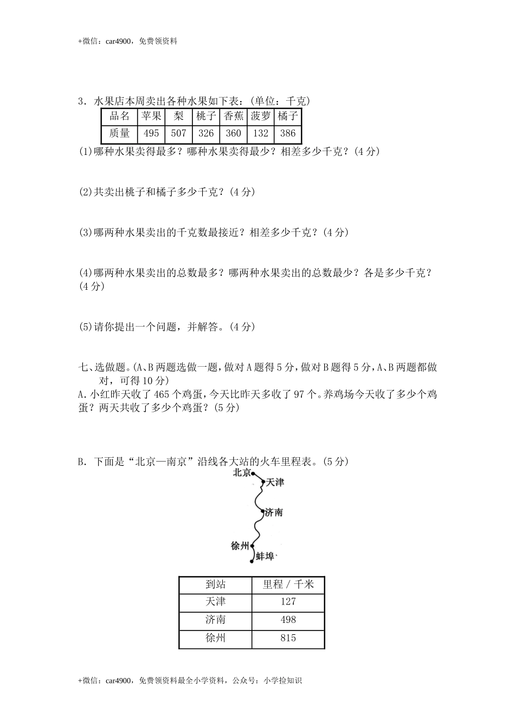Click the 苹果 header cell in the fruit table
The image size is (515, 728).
pos(151,116)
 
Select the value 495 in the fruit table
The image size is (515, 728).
pos(151,133)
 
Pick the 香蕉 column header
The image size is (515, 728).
pos(233,116)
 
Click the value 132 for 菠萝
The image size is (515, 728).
pos(260,133)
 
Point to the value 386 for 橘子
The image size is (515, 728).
pos(288,133)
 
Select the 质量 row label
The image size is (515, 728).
pos(119,133)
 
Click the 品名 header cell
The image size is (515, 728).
pos(119,116)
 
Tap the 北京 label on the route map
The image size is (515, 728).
pos(241,473)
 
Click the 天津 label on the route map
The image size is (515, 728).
pos(275,482)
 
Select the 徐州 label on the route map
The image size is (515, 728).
pos(240,545)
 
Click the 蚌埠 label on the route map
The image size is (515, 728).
pos(265,557)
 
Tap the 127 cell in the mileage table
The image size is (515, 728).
pos(288,602)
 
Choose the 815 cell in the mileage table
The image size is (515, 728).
pos(288,638)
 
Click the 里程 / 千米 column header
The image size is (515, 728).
pos(288,584)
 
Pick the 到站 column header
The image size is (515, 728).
pos(215,584)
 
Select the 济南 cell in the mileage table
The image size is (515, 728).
pos(215,620)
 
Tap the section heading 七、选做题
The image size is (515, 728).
pos(105,368)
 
